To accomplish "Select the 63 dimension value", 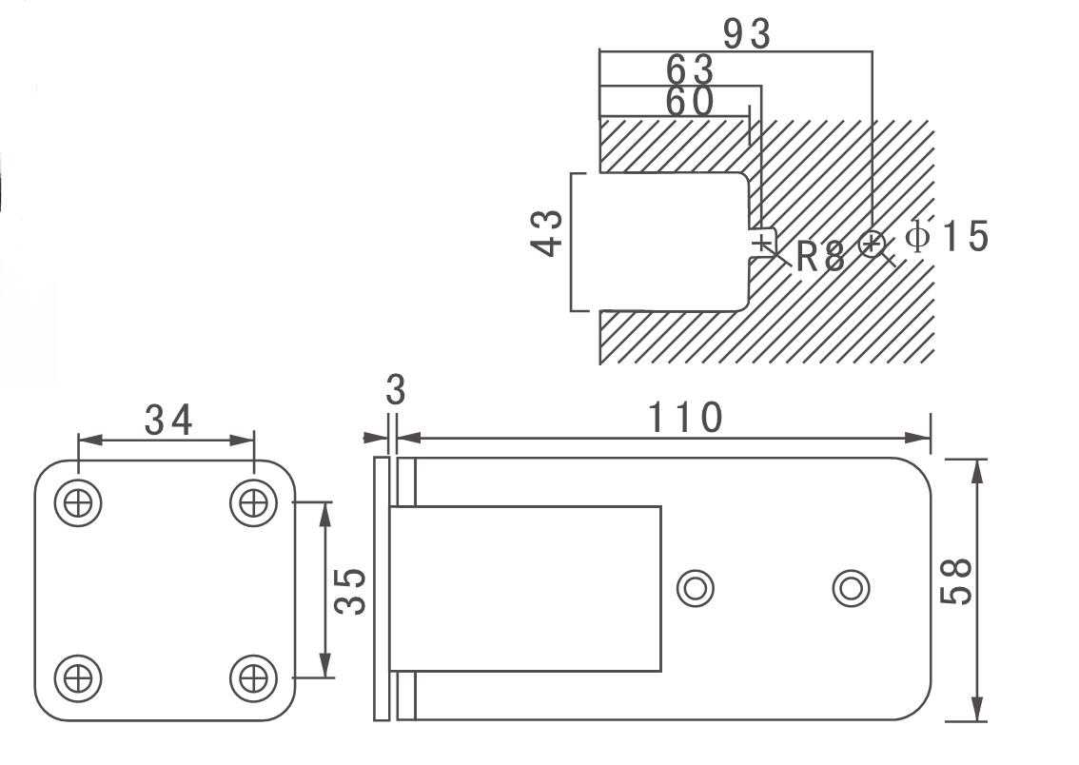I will (x=690, y=69).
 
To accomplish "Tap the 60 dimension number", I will (x=689, y=102).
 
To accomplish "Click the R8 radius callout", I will (x=820, y=257).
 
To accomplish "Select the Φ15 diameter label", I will (x=947, y=236).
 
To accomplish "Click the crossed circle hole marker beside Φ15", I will (x=872, y=245).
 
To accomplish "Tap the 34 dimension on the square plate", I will (x=168, y=420).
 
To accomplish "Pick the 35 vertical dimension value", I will (x=353, y=591).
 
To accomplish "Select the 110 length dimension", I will (x=685, y=418).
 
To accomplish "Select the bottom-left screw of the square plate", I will (x=78, y=677).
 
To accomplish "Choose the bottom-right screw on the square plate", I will (x=253, y=677).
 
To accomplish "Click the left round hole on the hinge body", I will (x=696, y=588).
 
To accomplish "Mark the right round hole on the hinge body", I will (x=851, y=588).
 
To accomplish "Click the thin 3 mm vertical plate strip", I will (x=382, y=588).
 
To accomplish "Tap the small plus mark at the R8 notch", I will (x=763, y=245).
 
